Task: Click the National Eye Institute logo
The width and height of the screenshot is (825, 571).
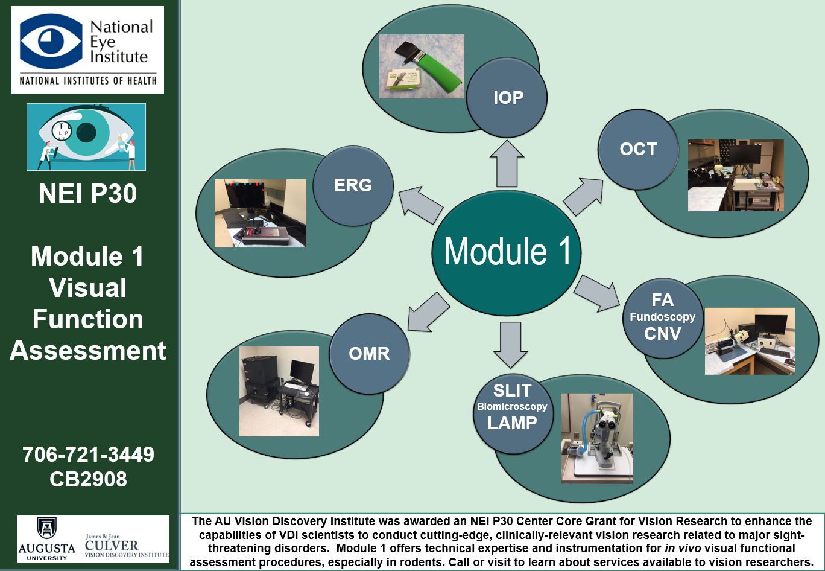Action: tap(87, 49)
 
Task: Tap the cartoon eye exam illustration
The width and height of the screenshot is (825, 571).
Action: tap(86, 137)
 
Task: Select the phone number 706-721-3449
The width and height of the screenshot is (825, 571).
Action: tap(88, 454)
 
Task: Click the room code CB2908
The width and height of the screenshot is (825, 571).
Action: tap(88, 479)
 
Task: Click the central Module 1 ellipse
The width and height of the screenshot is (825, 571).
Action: tap(507, 251)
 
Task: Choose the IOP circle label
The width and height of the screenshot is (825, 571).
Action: tap(508, 98)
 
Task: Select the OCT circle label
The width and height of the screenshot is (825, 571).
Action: tap(638, 149)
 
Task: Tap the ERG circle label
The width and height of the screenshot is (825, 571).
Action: tap(353, 185)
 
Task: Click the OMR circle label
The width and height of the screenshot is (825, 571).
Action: tap(369, 353)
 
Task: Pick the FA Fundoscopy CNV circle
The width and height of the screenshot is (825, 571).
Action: tap(662, 317)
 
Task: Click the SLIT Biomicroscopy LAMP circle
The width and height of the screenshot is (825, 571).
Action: tap(512, 407)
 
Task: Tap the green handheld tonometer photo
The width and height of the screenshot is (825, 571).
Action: tap(422, 66)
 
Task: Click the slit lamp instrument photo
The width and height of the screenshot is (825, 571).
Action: tap(597, 438)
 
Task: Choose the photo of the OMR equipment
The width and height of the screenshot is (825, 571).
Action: tap(279, 391)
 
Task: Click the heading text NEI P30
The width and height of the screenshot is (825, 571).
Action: tap(88, 194)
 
